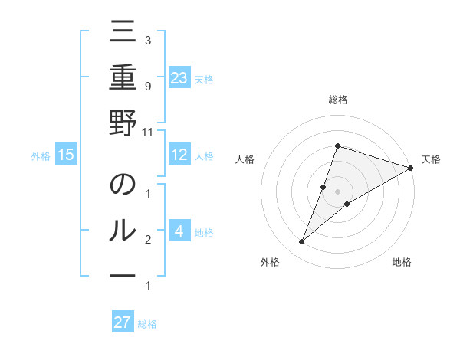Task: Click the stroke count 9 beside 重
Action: (147, 86)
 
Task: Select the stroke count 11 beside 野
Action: (147, 132)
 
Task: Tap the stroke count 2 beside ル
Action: (147, 241)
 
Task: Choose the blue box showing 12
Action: (179, 155)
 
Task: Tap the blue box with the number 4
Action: (179, 231)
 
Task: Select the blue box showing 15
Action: (66, 155)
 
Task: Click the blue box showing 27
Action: (123, 322)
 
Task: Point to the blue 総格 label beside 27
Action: (147, 324)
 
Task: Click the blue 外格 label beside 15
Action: (41, 156)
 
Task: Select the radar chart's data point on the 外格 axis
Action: (302, 242)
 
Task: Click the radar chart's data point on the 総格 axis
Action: (337, 146)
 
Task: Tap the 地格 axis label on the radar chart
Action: (402, 263)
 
